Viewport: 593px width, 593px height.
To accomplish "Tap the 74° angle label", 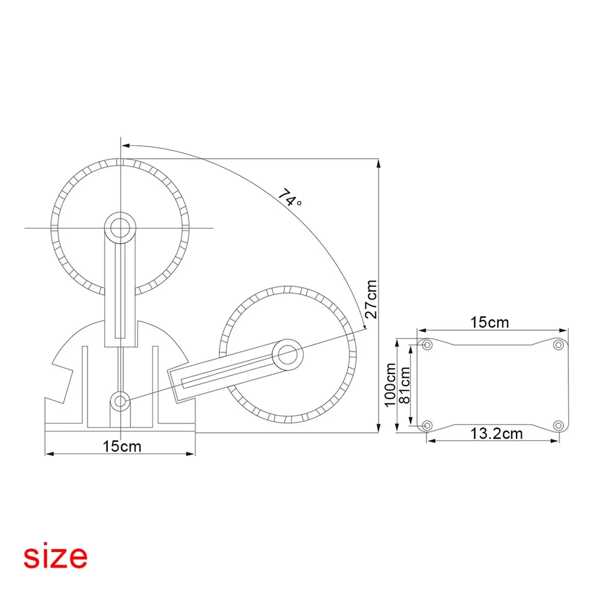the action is [290, 198].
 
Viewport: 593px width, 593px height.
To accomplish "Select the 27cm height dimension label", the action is [371, 299].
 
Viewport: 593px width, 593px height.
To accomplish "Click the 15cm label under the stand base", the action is [122, 447].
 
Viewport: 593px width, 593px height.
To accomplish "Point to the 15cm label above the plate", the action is [489, 322].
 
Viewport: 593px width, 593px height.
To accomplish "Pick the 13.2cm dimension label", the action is [496, 433].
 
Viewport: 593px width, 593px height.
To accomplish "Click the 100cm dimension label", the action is [390, 385].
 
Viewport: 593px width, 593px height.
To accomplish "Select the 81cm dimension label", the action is [404, 385].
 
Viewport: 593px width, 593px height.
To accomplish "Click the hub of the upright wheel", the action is [120, 228].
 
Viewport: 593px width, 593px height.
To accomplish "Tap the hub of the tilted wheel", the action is [288, 355].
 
